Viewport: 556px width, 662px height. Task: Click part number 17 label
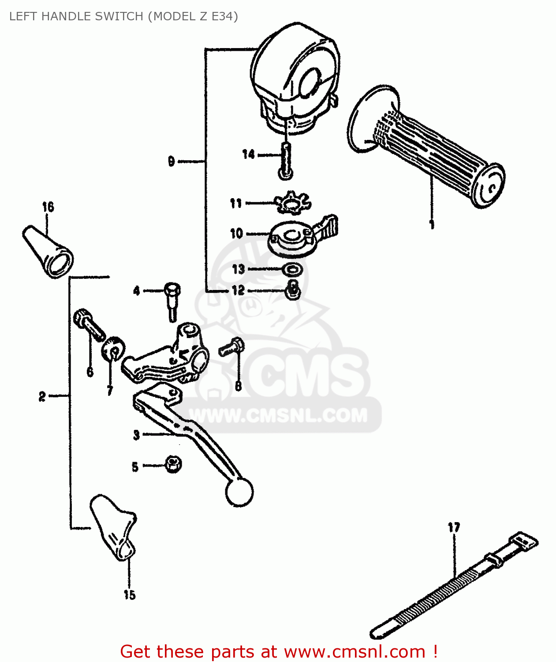coord(454,527)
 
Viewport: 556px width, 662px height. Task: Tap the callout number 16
coord(48,207)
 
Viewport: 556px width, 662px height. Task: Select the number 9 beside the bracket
coord(172,162)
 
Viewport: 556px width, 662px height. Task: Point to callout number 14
coord(249,154)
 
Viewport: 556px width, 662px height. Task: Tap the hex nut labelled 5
coord(173,464)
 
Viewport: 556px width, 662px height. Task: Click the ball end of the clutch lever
coord(239,492)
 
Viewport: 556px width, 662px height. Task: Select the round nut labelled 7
coord(113,349)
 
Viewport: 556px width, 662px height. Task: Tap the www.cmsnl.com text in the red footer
coord(354,651)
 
